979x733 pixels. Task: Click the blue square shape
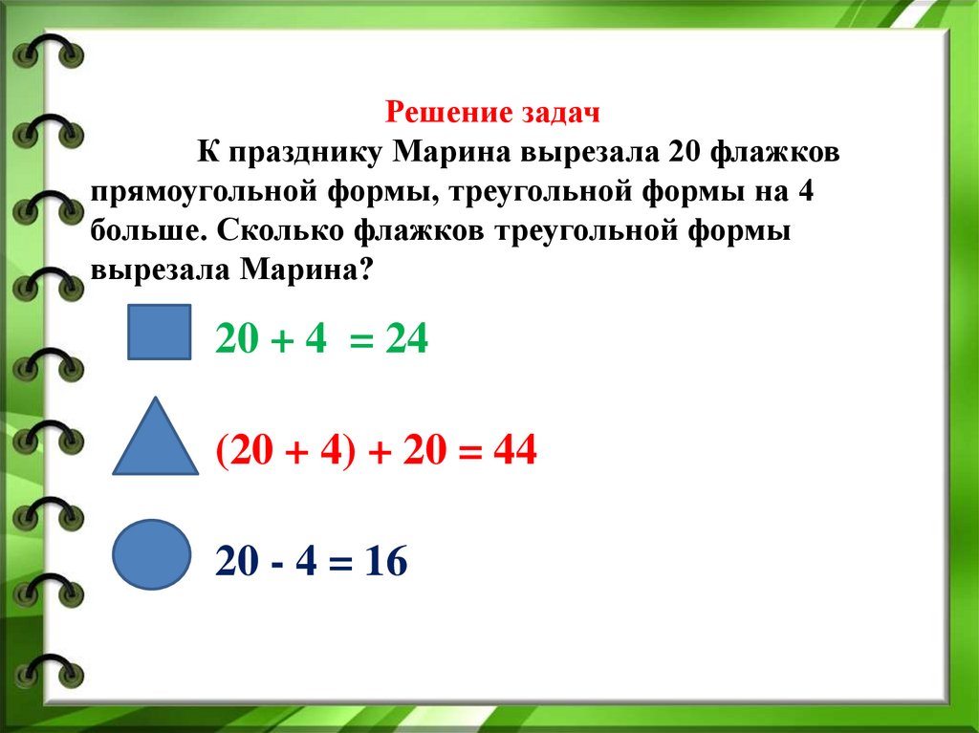(160, 332)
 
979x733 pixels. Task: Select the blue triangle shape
(156, 441)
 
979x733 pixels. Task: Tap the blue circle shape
(151, 554)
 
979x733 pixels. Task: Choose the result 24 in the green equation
(405, 339)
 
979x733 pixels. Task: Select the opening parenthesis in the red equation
(223, 448)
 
